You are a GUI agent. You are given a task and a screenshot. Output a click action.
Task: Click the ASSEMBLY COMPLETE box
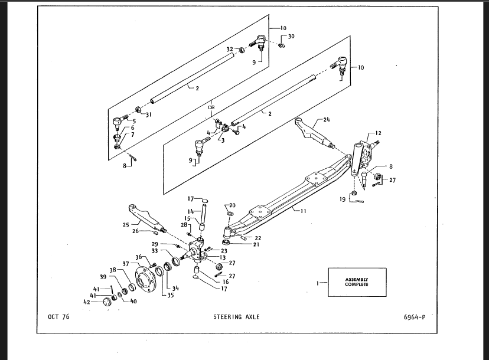357,282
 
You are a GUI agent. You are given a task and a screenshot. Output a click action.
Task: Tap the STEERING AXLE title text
236,317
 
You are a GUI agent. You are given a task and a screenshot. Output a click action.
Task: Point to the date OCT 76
58,317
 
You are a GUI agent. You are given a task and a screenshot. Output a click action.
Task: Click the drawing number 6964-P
415,318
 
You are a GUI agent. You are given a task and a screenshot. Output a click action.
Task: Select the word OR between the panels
211,107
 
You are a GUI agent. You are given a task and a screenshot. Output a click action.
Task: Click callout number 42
87,302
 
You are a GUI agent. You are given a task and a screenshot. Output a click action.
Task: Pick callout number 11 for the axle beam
303,211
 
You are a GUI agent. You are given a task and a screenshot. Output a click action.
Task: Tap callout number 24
327,119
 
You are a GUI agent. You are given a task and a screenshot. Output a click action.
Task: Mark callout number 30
291,37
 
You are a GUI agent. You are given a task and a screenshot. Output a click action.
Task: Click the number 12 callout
378,133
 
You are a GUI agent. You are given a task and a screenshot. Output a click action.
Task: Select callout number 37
126,264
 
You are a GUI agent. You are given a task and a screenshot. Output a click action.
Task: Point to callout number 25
126,225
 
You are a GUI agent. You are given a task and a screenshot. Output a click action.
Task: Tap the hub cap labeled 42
107,302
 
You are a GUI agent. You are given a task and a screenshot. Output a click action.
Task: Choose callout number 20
232,205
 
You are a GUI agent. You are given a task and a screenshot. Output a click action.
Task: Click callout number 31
149,114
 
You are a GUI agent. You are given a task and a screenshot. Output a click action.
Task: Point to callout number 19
343,199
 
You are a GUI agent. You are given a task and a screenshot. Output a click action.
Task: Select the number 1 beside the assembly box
318,283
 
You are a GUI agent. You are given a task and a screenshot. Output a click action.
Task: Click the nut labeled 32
242,50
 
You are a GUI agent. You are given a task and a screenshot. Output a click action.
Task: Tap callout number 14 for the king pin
191,211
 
